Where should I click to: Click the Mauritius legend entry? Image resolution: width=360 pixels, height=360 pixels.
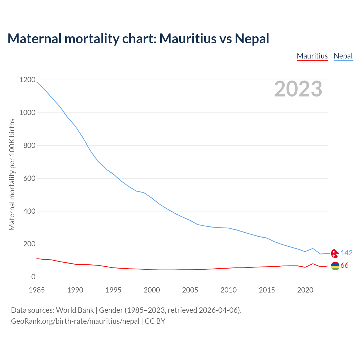tap(312, 56)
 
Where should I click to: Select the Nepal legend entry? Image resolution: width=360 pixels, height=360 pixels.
tap(343, 56)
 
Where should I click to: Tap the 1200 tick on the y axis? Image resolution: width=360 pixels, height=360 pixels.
tap(27, 80)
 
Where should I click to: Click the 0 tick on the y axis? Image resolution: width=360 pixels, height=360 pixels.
tap(33, 277)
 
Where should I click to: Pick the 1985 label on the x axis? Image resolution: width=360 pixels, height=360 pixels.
tap(37, 290)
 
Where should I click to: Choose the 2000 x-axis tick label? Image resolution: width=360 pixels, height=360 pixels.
tap(152, 290)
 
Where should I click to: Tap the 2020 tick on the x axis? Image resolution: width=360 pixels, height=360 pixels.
tap(305, 290)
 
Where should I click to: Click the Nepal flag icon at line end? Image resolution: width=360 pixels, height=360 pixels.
tap(335, 253)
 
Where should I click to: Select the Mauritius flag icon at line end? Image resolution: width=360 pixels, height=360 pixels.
tap(335, 266)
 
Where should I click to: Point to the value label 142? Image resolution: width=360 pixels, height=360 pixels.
tap(346, 253)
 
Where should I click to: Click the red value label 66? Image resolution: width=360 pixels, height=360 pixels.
tap(345, 265)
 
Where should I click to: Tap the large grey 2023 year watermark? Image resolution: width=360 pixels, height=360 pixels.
tap(298, 89)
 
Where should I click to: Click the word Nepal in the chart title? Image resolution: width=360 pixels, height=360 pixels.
tap(252, 39)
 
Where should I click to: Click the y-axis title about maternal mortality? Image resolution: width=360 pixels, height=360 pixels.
tap(12, 174)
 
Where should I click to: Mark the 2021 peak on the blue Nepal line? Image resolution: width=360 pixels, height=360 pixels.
tap(313, 248)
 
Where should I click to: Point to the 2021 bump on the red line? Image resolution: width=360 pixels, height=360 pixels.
tap(313, 264)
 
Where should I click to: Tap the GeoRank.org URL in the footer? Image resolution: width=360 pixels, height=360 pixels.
tap(75, 321)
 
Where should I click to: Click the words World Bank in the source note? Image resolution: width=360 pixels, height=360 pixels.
tap(75, 310)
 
